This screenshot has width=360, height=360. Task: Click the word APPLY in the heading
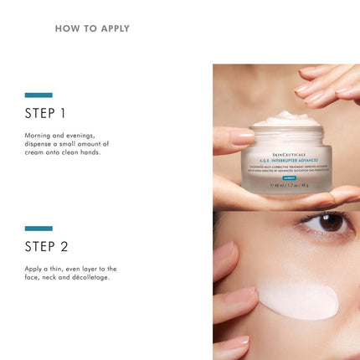(x=111, y=28)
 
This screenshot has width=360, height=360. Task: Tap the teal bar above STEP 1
(x=39, y=95)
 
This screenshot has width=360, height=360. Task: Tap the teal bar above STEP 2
(x=39, y=228)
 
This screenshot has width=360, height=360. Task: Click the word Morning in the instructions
(x=38, y=134)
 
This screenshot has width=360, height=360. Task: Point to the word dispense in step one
(x=40, y=143)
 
